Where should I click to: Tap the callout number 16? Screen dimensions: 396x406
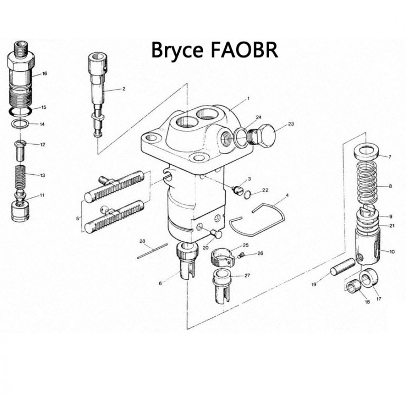44,73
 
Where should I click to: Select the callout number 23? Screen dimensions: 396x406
291,125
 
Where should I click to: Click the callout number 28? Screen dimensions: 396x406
142,241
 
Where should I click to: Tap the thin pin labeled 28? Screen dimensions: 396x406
152,251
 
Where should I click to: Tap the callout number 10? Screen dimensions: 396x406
392,251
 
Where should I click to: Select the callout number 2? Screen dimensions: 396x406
123,89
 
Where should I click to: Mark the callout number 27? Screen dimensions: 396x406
247,276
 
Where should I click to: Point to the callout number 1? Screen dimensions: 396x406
247,99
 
